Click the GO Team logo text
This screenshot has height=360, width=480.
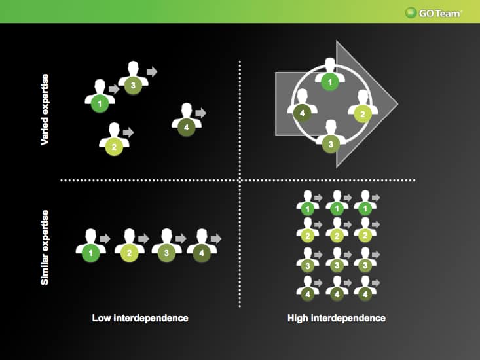[x=440, y=14]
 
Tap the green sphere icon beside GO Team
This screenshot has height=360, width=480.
[x=411, y=13]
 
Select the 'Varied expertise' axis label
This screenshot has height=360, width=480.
[x=45, y=109]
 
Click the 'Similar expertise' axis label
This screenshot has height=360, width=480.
[x=45, y=247]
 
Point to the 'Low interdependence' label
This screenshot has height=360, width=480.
[x=140, y=318]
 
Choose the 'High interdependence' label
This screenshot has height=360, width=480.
[x=337, y=318]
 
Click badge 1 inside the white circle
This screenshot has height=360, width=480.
[x=330, y=82]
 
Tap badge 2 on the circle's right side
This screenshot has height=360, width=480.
[x=363, y=114]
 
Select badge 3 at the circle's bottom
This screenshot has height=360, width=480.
[x=331, y=144]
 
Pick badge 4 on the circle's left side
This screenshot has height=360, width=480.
[x=303, y=113]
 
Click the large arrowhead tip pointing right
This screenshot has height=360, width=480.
[x=397, y=104]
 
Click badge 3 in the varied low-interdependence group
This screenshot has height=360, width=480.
[x=133, y=85]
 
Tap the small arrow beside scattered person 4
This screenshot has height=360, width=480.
[x=201, y=113]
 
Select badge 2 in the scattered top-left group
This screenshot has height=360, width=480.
[x=114, y=147]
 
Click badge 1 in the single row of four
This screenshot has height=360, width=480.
[x=90, y=253]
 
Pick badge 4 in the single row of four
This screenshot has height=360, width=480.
[x=202, y=253]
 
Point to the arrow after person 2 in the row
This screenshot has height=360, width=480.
[x=143, y=238]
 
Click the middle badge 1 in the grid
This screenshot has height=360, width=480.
[x=337, y=209]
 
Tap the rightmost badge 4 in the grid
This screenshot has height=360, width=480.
[x=365, y=295]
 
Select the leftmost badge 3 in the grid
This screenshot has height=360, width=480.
[x=308, y=266]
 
